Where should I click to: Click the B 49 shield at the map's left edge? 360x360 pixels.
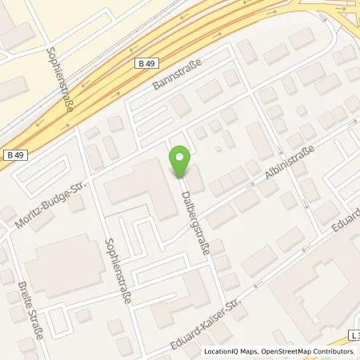tap(14, 154)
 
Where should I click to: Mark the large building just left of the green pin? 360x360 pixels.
tap(140, 188)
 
